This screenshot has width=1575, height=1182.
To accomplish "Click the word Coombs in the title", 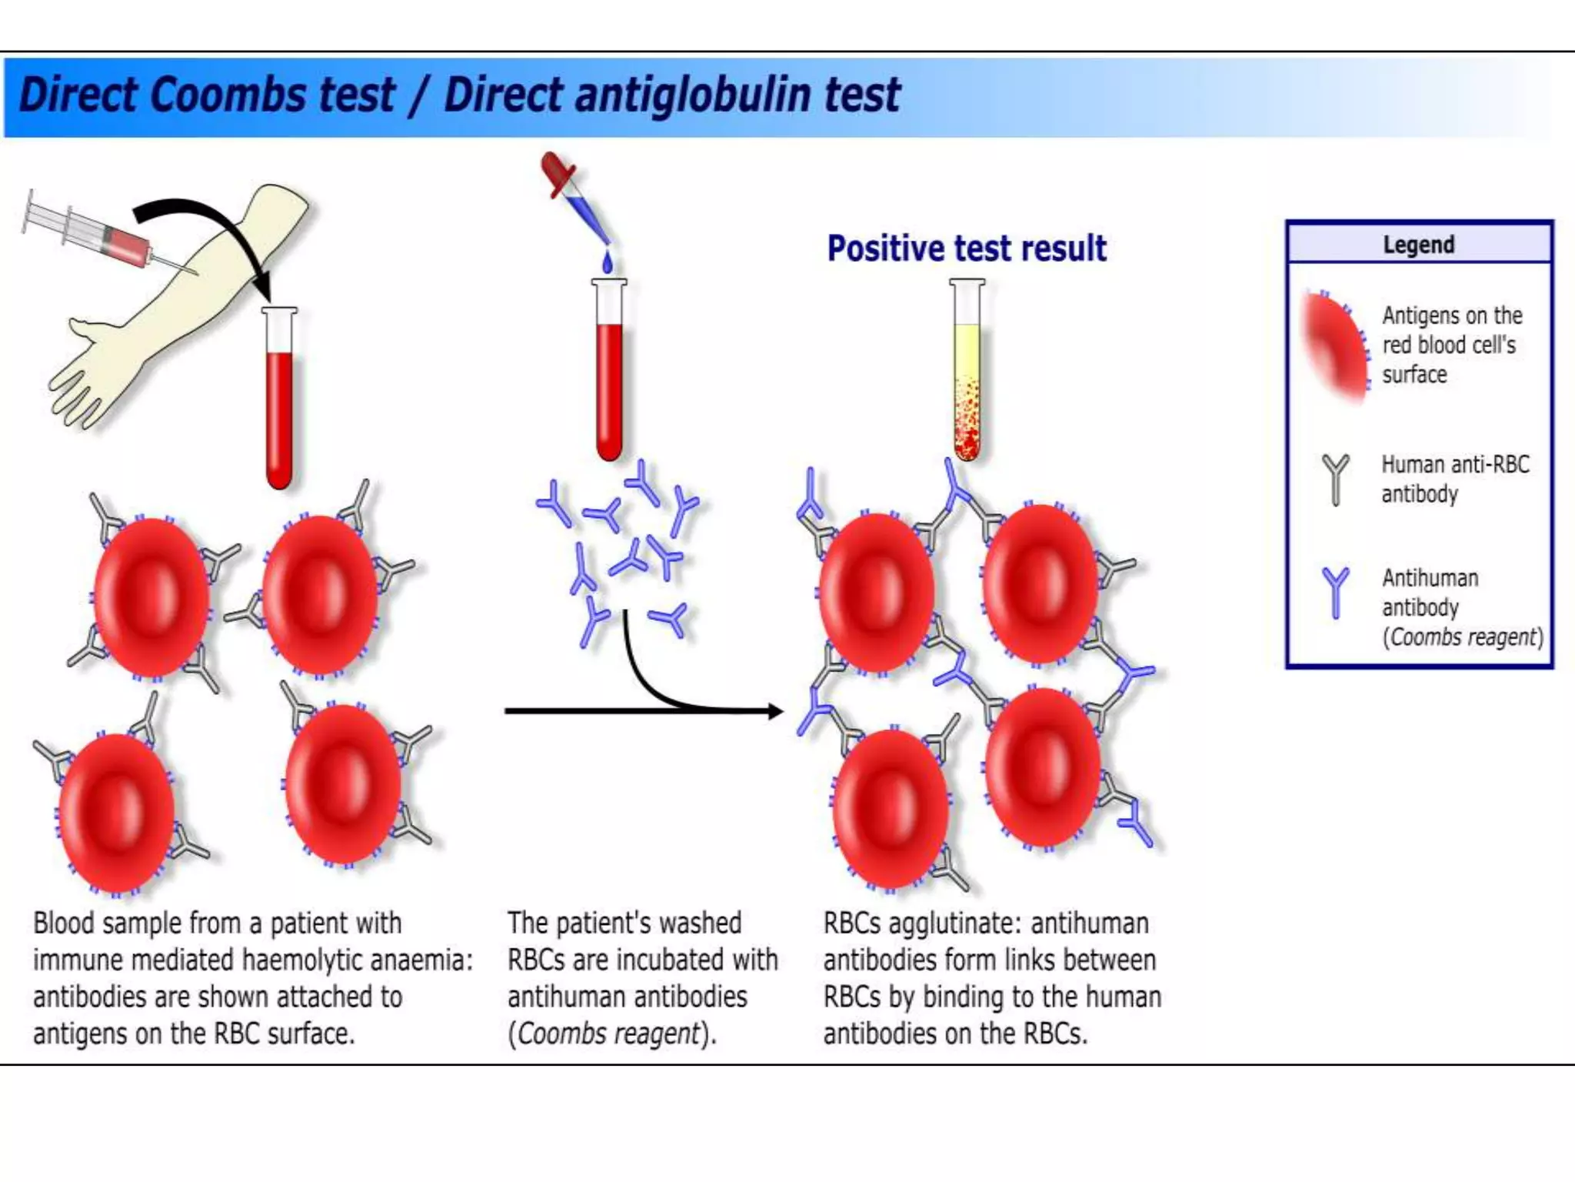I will pyautogui.click(x=228, y=95).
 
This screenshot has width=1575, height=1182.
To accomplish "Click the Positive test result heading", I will pyautogui.click(x=967, y=249).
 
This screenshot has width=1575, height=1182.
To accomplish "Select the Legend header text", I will pyautogui.click(x=1419, y=245).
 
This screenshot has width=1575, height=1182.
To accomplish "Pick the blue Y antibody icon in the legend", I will pyautogui.click(x=1336, y=592).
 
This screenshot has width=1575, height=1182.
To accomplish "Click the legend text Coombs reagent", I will pyautogui.click(x=1463, y=637).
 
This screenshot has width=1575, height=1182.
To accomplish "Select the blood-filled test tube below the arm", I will pyautogui.click(x=279, y=400).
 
